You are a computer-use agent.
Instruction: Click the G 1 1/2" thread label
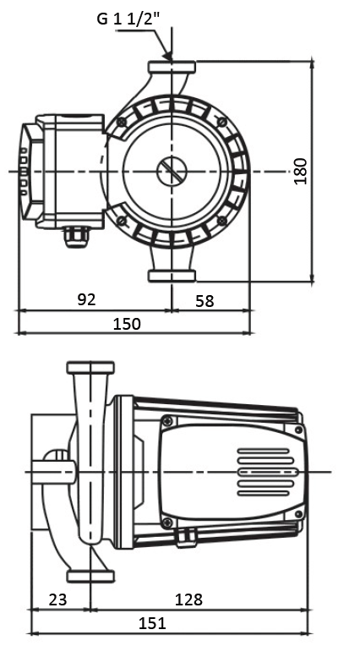(128, 19)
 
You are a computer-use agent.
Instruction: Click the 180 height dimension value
(301, 171)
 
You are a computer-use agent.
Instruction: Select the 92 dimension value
(87, 299)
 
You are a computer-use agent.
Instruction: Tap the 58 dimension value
(205, 301)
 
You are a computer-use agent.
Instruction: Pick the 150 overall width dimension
(128, 324)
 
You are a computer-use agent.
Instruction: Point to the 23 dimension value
(57, 600)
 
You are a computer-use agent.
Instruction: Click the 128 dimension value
(188, 600)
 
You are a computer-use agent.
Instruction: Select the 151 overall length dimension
(152, 623)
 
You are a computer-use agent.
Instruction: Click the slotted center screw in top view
(172, 171)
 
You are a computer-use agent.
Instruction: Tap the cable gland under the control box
(76, 238)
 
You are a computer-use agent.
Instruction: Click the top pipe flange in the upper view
(172, 68)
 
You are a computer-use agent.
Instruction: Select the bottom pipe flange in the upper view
(172, 276)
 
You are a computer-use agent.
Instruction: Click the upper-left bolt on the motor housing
(122, 122)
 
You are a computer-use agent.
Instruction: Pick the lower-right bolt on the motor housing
(222, 221)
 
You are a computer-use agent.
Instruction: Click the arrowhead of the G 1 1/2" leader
(168, 56)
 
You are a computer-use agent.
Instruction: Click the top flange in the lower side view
(90, 368)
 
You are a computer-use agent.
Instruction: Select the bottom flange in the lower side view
(90, 576)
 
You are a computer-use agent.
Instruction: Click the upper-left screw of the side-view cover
(167, 421)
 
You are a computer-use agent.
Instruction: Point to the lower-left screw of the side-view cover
(167, 522)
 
